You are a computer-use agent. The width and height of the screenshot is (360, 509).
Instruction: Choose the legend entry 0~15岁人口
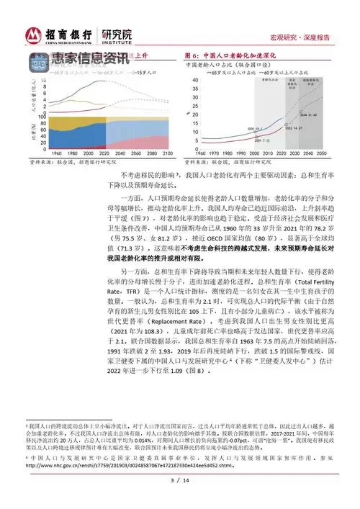click(x=134, y=72)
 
